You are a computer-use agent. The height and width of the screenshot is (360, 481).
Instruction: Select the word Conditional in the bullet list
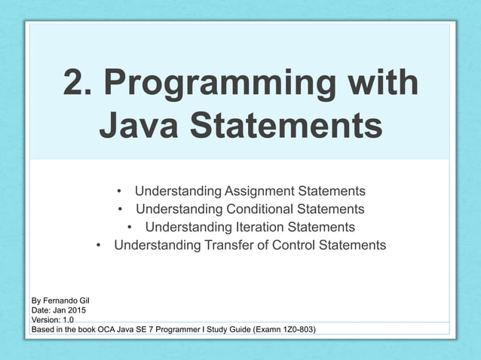click(x=256, y=209)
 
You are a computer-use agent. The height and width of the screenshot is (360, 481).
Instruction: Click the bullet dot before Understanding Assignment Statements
click(x=120, y=191)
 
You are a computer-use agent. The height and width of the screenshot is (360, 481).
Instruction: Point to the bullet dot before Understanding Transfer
click(x=99, y=245)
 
